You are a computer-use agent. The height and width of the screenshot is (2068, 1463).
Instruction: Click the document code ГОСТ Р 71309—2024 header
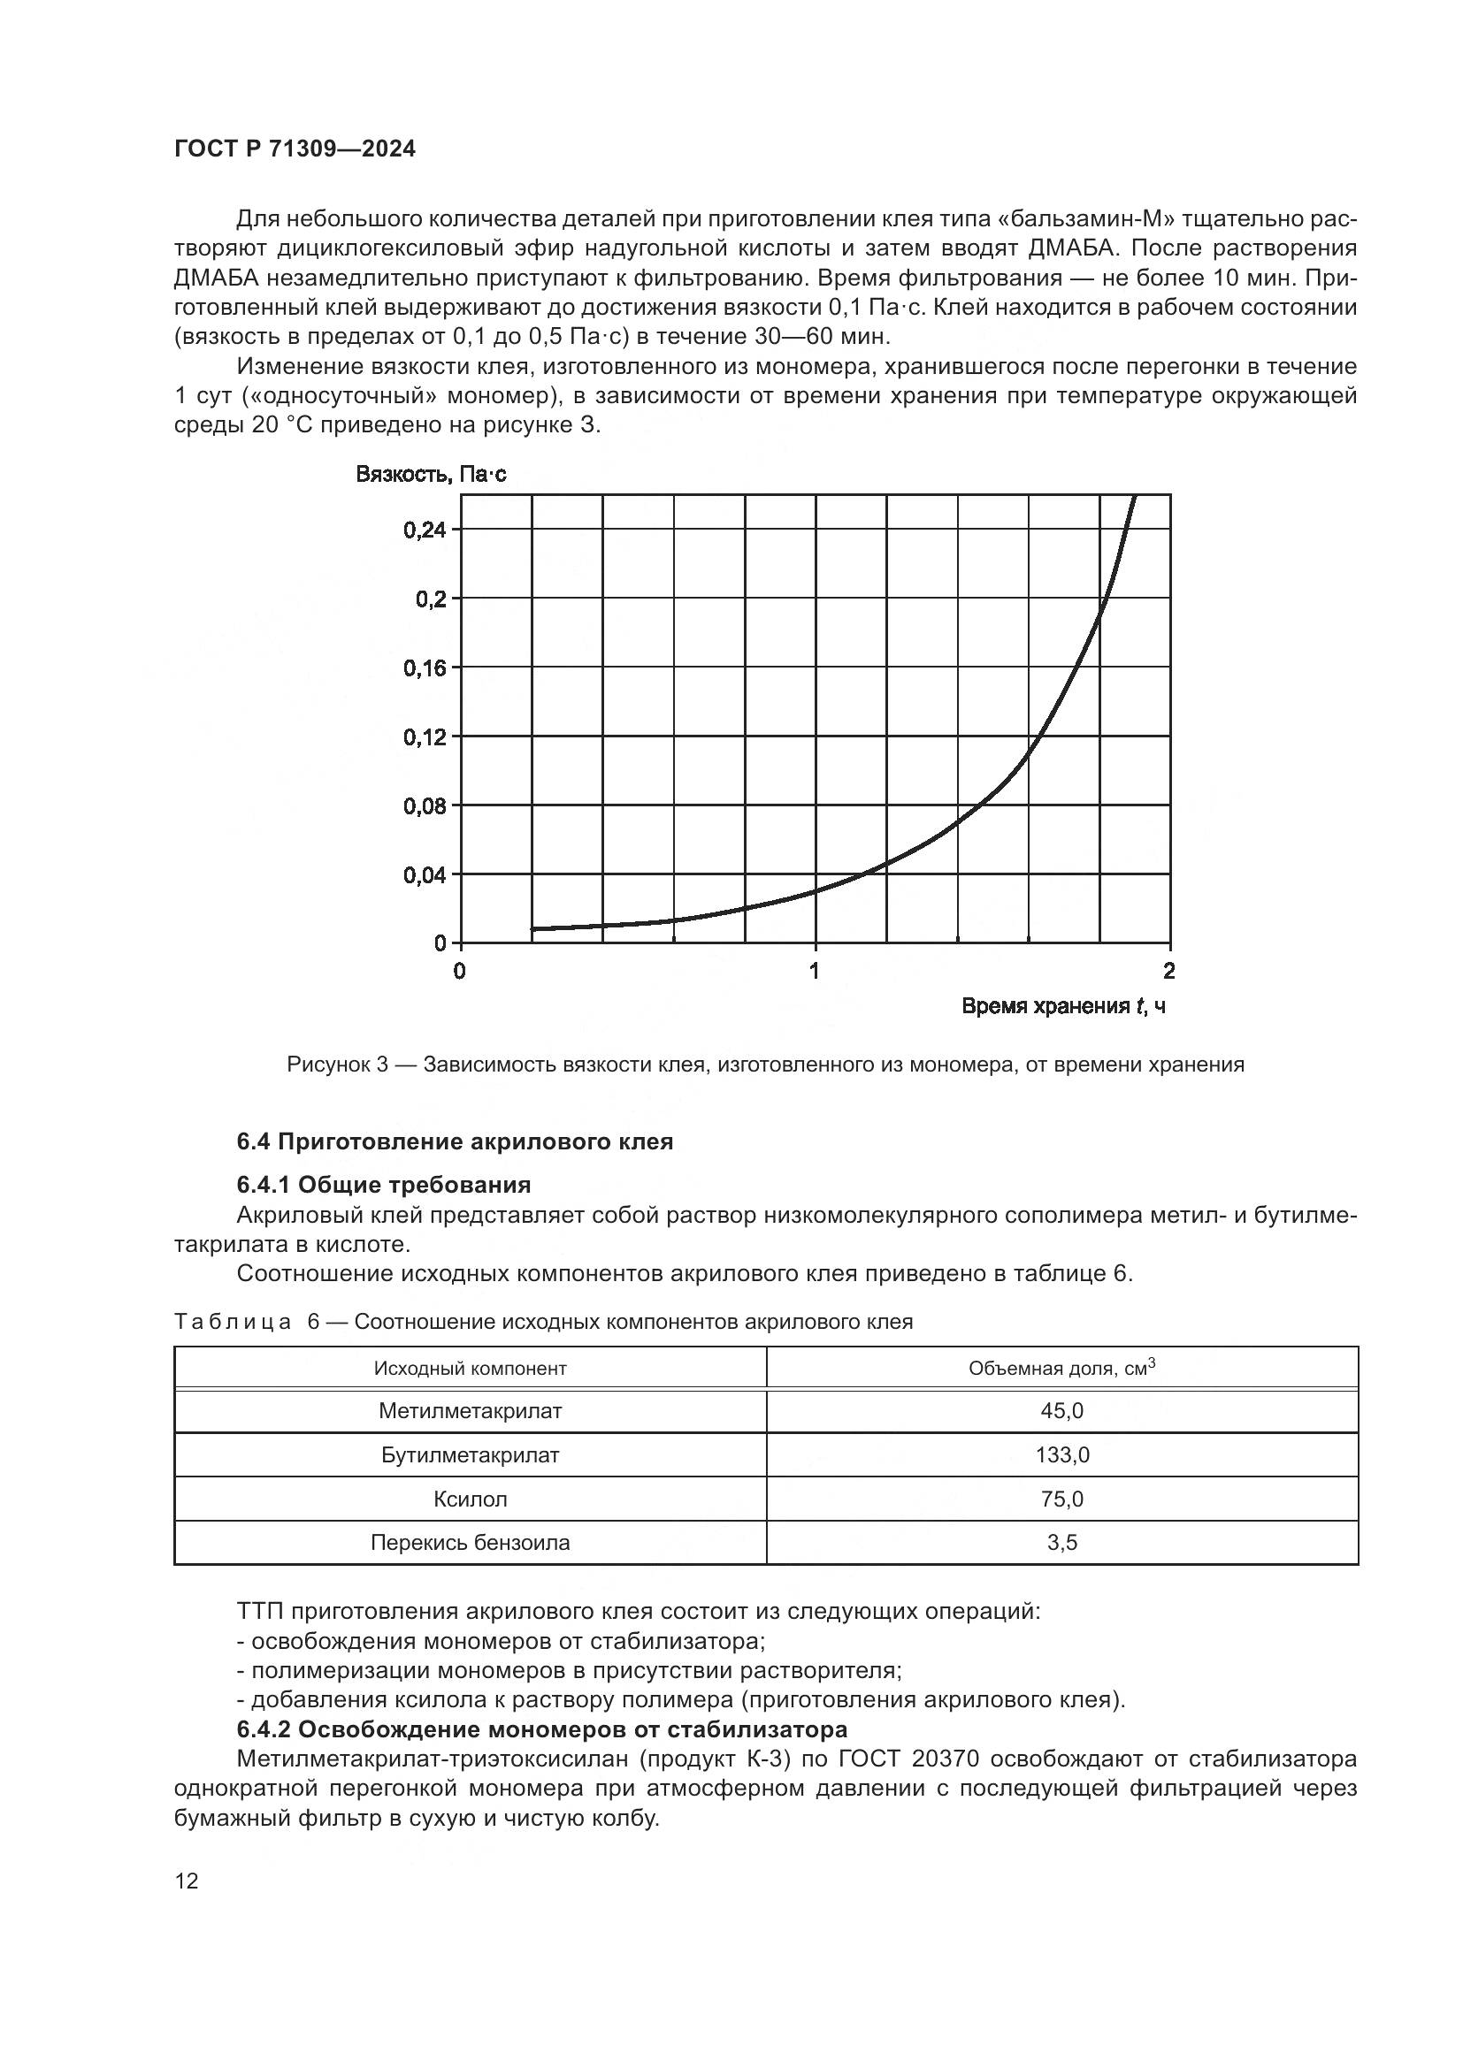pos(295,149)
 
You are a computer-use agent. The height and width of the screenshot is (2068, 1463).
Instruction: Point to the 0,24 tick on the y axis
pos(425,530)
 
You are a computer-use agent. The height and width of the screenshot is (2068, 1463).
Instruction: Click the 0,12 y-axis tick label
pos(425,737)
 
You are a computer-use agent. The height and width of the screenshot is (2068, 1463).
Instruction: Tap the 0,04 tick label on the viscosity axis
pos(425,875)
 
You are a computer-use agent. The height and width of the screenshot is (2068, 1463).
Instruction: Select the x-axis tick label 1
pos(815,971)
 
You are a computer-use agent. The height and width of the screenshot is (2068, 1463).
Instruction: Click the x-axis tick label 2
pos(1169,971)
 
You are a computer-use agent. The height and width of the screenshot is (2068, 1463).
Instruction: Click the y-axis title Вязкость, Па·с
pos(431,474)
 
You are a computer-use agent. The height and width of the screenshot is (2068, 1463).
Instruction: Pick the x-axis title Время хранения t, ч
pos(1063,1006)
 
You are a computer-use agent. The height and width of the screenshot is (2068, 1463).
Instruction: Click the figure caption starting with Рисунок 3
pos(765,1065)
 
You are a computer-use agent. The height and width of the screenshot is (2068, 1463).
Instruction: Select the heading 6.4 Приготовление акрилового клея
pos(454,1142)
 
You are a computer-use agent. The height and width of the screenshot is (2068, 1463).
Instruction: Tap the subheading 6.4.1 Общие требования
pos(384,1185)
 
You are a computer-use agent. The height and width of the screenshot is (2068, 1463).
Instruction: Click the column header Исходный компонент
pos(470,1369)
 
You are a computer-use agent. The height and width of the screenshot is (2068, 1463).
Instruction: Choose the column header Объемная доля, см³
pos(1061,1368)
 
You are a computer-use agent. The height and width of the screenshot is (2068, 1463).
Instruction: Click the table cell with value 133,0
pos(1061,1455)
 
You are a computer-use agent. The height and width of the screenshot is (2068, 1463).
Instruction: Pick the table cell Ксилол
pos(470,1499)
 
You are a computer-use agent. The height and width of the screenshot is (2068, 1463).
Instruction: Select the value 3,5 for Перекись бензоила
pos(1061,1543)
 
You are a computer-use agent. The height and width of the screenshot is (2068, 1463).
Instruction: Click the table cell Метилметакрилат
pos(470,1411)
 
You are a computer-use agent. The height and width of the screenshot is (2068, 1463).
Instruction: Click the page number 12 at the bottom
pos(187,1881)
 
